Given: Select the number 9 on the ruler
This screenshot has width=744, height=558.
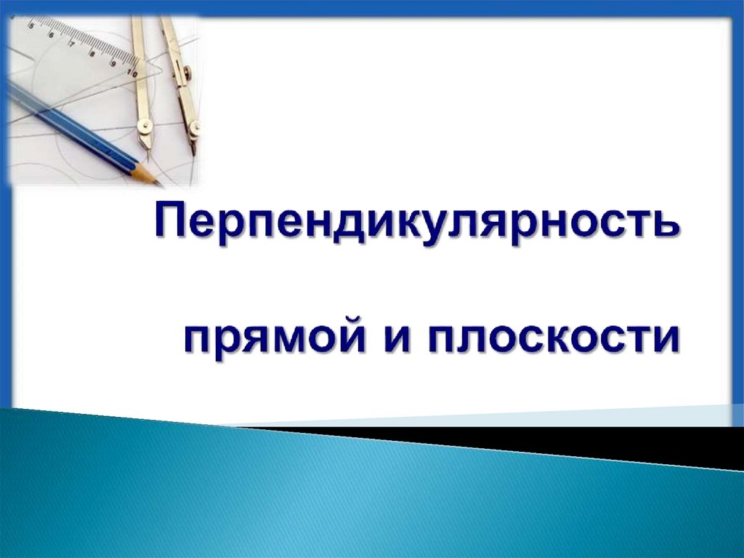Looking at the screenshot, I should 114,64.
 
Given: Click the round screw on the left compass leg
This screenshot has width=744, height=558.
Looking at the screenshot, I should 145,128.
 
